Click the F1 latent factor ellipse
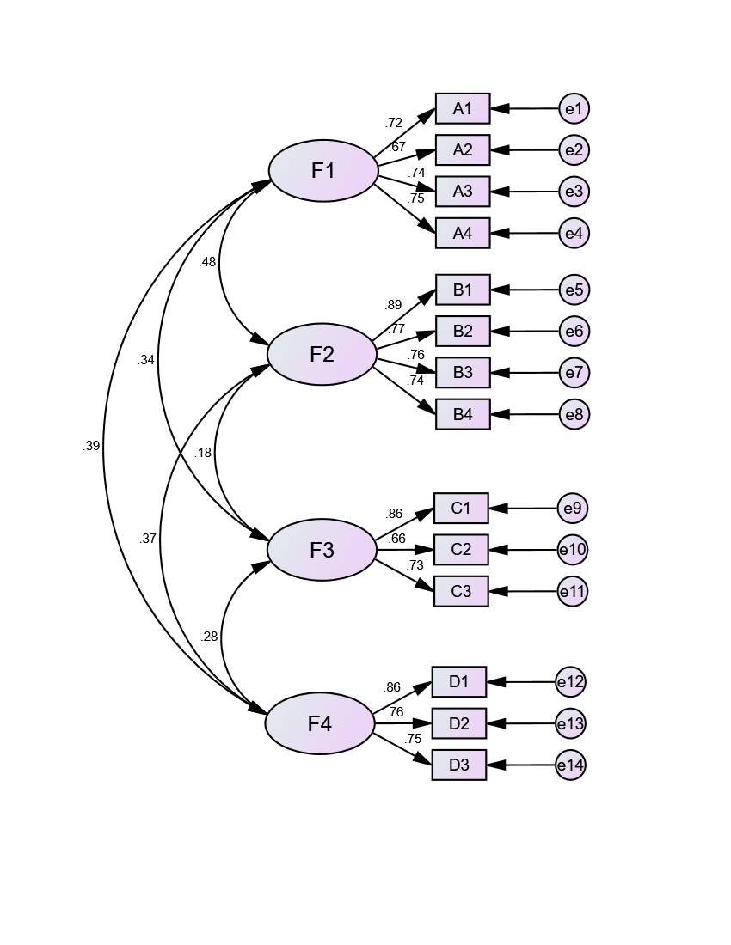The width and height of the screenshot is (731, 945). [x=323, y=171]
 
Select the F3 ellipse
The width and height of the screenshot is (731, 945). [x=322, y=550]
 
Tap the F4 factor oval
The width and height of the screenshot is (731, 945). [x=319, y=724]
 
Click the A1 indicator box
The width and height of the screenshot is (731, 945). [x=463, y=108]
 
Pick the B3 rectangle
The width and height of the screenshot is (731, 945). [x=463, y=372]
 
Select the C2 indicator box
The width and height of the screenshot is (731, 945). [x=461, y=550]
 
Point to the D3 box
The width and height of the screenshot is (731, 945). [x=459, y=765]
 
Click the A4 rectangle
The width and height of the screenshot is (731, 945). [x=463, y=233]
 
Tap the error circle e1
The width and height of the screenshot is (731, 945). [x=574, y=108]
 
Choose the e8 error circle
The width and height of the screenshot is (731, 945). [x=574, y=414]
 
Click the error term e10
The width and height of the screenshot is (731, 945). [x=572, y=550]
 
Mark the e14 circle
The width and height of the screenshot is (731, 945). [x=570, y=765]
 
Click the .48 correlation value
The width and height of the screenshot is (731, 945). [x=207, y=262]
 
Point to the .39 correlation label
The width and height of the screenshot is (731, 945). [x=91, y=446]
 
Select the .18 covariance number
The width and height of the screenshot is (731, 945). [x=203, y=453]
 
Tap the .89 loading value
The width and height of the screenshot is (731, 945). [x=394, y=305]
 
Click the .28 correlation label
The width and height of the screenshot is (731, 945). [x=209, y=637]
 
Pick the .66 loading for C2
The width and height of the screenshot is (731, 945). [x=396, y=539]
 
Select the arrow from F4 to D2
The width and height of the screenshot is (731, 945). [x=402, y=723]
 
